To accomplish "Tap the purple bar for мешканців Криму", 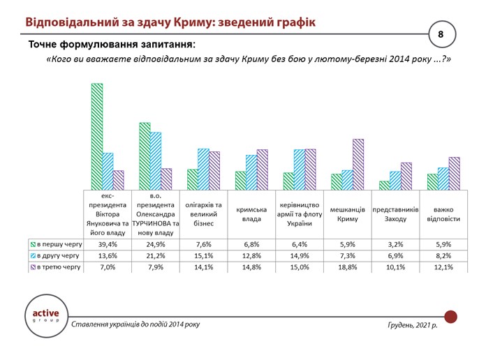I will tap(358, 165).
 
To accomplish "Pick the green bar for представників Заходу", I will tap(384, 186).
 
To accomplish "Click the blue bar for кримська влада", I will tap(251, 172).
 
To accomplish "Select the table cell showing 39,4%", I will tap(108, 245).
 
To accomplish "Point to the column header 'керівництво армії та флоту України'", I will tap(300, 213).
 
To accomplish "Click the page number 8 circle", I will tap(441, 33).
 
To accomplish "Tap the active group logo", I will tap(46, 316).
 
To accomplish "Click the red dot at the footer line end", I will tap(450, 317).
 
